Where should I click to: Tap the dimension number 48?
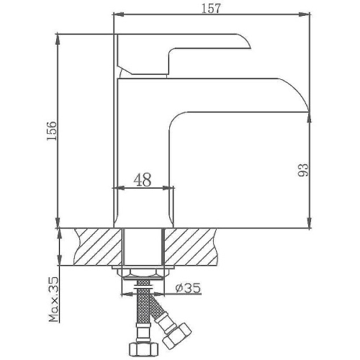(x=143, y=181)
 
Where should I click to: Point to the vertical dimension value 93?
(x=303, y=170)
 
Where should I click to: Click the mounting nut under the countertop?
(x=145, y=274)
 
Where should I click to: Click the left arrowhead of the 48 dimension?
(x=120, y=189)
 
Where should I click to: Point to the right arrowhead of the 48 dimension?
(x=171, y=189)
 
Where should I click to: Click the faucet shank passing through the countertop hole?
(x=145, y=246)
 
